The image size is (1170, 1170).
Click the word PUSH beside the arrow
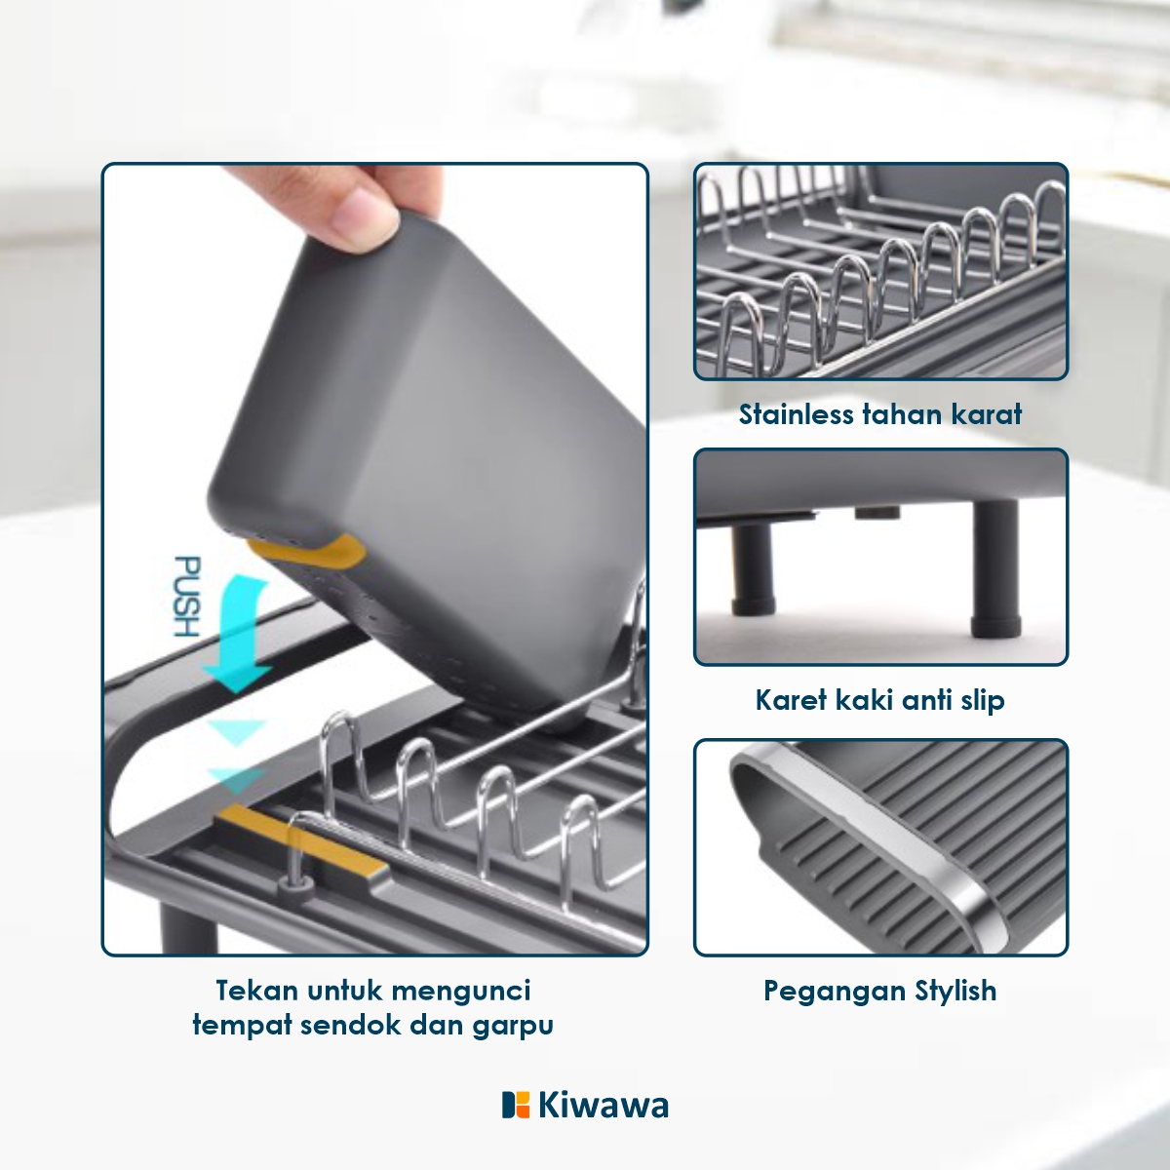[x=187, y=597]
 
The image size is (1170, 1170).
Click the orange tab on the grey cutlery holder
[x=307, y=551]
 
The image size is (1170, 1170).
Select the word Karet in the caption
[x=791, y=700]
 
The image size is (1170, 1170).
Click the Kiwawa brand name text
[x=604, y=1105]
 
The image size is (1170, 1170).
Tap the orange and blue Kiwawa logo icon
[x=516, y=1105]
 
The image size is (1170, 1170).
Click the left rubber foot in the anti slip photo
[x=754, y=568]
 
